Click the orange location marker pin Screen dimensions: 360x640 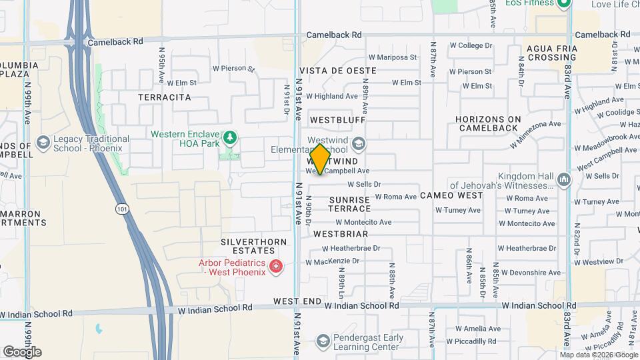coord(320,159)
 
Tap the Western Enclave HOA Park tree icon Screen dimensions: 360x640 coord(230,137)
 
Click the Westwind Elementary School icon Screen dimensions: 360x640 coord(359,144)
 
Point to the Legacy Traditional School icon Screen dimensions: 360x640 coord(43,143)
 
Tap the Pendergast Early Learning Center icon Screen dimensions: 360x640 coord(323,342)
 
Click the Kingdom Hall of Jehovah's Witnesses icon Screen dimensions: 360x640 coord(564,180)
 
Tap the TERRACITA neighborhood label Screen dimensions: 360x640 coord(165,97)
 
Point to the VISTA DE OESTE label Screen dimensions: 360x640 coord(338,71)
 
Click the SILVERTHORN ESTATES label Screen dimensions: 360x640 coord(255,246)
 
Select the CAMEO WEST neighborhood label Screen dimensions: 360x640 coord(451,196)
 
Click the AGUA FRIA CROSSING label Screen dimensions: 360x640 coord(551,53)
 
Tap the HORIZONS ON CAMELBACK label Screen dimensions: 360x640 coord(487,123)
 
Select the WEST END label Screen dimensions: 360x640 coord(297,301)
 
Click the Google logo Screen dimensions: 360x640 coord(22,352)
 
